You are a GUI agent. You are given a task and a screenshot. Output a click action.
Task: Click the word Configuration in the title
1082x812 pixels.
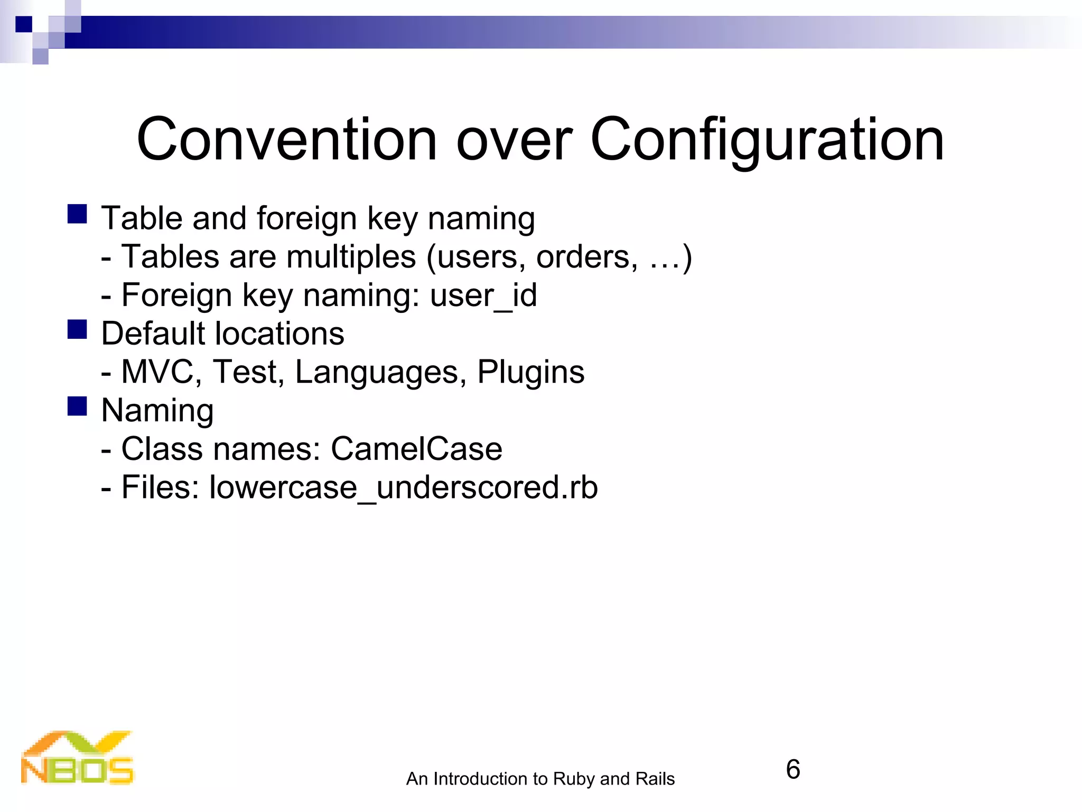(767, 140)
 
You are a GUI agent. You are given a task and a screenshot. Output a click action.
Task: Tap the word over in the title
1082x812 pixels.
(514, 140)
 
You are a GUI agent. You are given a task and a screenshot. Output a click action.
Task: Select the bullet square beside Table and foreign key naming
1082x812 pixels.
(77, 214)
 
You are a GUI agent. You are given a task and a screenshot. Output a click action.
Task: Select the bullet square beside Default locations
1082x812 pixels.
(77, 329)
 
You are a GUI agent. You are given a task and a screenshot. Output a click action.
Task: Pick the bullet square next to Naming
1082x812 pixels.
(77, 407)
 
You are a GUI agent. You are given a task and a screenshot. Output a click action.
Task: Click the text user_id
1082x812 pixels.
(483, 295)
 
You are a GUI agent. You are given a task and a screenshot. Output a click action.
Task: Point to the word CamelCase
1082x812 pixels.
(416, 449)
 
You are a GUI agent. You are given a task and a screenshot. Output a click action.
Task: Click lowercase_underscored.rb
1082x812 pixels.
(404, 487)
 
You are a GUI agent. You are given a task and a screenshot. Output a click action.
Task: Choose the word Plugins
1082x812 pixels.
(530, 372)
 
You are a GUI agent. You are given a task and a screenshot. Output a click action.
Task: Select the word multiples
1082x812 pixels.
(351, 257)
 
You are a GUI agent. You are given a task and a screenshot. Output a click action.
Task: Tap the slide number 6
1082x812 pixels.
(792, 769)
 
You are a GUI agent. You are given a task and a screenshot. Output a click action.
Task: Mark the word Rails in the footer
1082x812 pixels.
(655, 779)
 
